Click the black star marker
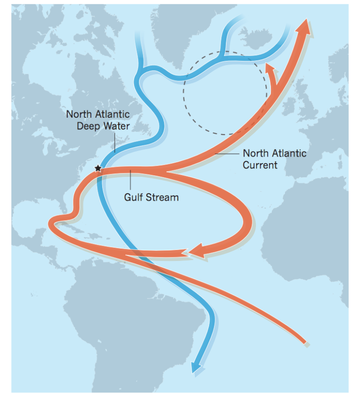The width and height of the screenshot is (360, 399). point(98,168)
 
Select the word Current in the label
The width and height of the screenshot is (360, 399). point(260,165)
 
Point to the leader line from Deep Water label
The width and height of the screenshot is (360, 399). point(114,143)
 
